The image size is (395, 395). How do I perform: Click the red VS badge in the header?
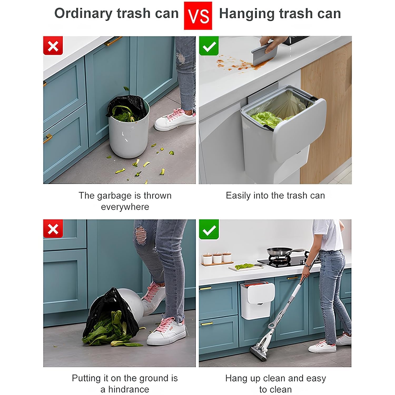(x=198, y=16)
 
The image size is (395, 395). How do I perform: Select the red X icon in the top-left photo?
(x=53, y=46)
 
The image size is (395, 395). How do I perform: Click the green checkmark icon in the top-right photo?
(x=209, y=46)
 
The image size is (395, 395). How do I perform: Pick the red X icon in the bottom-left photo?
(x=53, y=229)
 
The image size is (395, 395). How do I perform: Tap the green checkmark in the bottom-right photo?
(x=209, y=229)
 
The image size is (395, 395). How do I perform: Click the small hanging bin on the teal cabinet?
(x=258, y=300)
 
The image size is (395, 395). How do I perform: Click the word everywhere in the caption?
(x=125, y=207)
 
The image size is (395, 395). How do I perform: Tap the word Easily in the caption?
(x=238, y=196)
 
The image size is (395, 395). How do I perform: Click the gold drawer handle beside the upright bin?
(x=47, y=138)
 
